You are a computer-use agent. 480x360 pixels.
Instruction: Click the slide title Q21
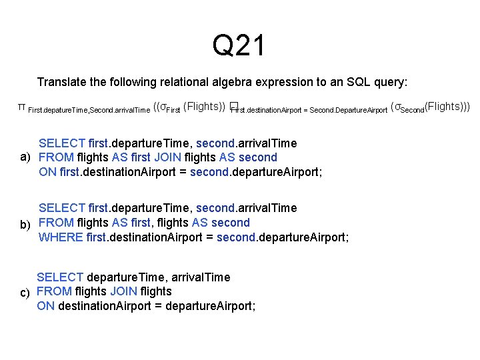click(239, 46)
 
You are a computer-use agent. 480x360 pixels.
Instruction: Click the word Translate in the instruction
click(62, 82)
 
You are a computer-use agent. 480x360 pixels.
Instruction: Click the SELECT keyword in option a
click(62, 143)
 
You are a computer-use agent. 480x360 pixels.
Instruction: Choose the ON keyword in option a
click(47, 172)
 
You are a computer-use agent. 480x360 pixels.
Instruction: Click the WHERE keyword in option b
click(61, 237)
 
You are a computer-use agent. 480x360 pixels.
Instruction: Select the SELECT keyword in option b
click(62, 209)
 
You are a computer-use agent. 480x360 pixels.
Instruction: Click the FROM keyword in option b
click(56, 223)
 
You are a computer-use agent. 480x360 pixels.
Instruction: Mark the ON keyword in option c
click(45, 306)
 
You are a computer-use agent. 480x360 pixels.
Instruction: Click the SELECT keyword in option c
click(60, 277)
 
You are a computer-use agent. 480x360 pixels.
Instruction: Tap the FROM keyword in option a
click(56, 157)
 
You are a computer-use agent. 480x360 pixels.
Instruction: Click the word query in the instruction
click(387, 82)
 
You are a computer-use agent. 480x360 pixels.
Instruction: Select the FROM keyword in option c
click(54, 291)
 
